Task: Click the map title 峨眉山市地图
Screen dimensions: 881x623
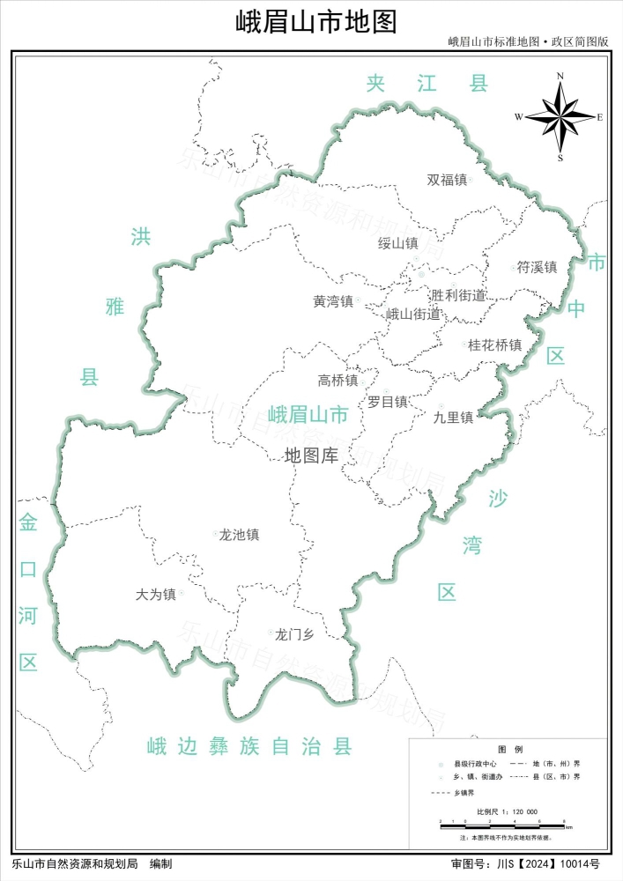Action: [x=316, y=21]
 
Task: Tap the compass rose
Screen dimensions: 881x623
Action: [x=561, y=115]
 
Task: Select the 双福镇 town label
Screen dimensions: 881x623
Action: [x=447, y=180]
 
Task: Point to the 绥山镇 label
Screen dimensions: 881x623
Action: [x=397, y=243]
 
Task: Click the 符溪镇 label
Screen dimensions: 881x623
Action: [x=537, y=267]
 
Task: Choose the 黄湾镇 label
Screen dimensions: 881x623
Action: [x=332, y=301]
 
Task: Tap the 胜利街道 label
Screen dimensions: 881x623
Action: [x=458, y=295]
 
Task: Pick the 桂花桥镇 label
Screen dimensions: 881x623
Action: [x=494, y=344]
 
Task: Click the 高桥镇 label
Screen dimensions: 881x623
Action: [x=337, y=381]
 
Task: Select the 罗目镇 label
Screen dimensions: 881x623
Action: [x=388, y=402]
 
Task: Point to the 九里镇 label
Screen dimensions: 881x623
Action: [x=454, y=417]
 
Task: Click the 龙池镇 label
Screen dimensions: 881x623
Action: [x=239, y=535]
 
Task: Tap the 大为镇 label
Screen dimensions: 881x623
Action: [x=156, y=595]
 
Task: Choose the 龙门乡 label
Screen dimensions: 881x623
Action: [x=294, y=633]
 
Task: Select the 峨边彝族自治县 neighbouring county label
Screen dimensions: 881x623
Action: [x=249, y=747]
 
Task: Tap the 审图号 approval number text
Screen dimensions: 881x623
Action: [x=525, y=864]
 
